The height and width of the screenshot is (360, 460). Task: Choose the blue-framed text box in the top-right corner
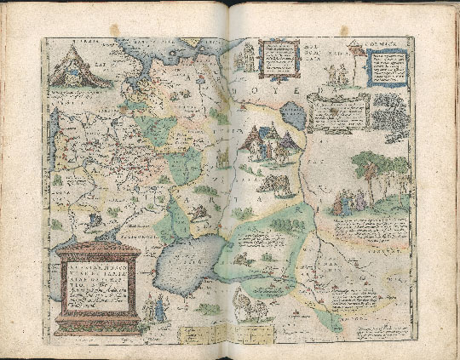click(392, 71)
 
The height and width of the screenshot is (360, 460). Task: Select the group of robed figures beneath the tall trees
click(350, 203)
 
